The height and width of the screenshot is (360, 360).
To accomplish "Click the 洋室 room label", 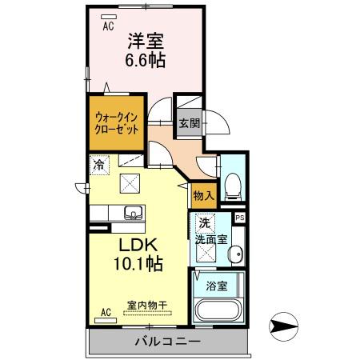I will click(x=143, y=38).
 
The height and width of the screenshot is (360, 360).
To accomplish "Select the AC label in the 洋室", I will click(x=107, y=26).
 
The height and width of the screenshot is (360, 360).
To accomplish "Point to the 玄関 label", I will click(x=190, y=124).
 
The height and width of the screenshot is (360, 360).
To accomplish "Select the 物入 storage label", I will click(x=202, y=194).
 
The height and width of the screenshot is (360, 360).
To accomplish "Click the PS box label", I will click(x=238, y=217).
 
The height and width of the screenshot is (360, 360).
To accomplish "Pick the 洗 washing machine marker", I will click(x=204, y=223).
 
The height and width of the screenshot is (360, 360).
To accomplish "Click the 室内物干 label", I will click(x=146, y=304).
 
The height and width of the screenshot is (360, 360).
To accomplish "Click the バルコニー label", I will click(x=166, y=342).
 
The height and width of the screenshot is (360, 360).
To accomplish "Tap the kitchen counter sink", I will click(x=132, y=213).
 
